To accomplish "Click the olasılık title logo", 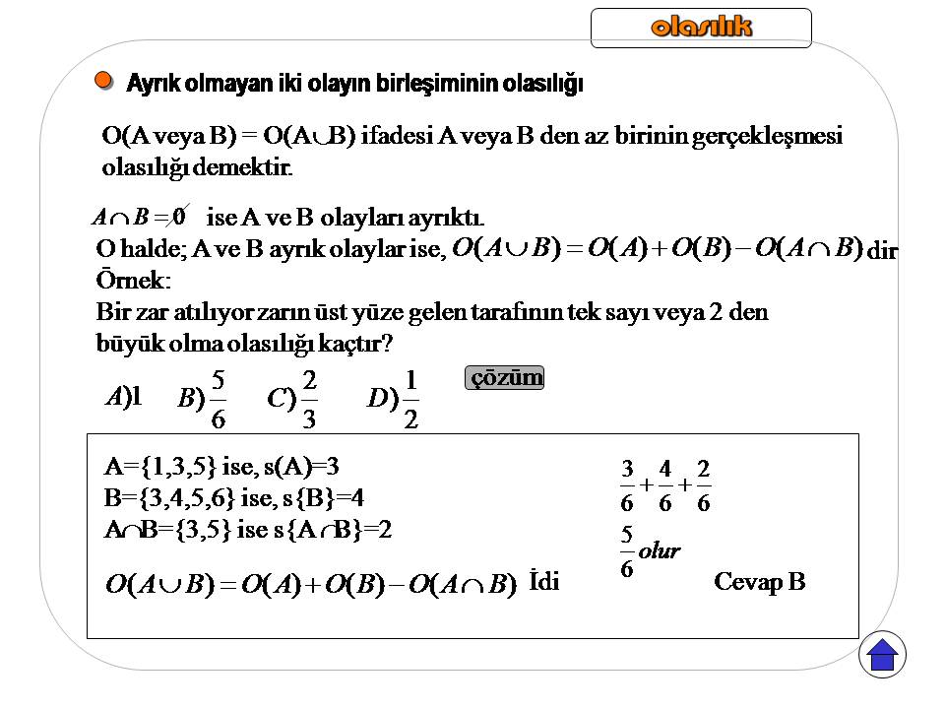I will pyautogui.click(x=701, y=28).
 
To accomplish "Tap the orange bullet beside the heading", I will pyautogui.click(x=104, y=81).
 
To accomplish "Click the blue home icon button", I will pyautogui.click(x=882, y=655).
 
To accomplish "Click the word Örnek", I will pyautogui.click(x=133, y=280).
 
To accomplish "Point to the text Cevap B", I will pyautogui.click(x=759, y=582).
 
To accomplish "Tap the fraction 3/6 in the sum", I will pyautogui.click(x=627, y=485).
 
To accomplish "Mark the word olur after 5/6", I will pyautogui.click(x=660, y=551).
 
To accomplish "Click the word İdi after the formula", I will pyautogui.click(x=543, y=581).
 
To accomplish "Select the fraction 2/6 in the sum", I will pyautogui.click(x=703, y=485).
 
